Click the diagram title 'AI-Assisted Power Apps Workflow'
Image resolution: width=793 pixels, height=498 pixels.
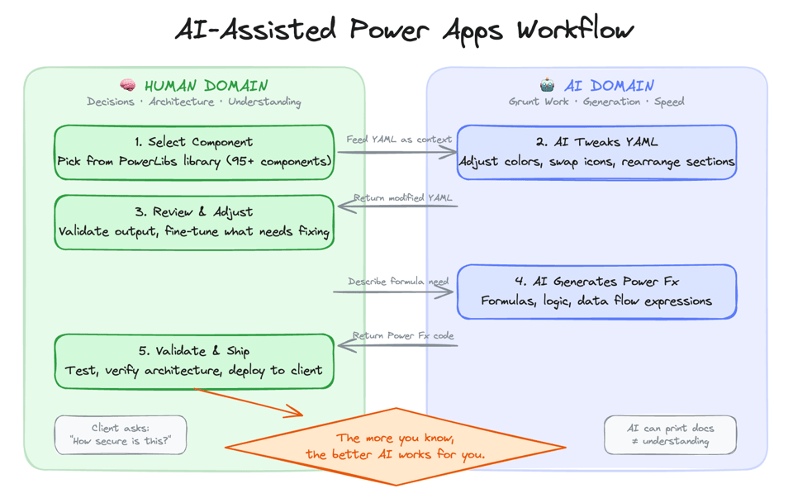click(x=404, y=31)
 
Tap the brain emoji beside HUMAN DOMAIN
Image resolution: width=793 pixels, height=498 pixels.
click(x=128, y=86)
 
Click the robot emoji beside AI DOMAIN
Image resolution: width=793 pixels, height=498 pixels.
click(x=547, y=86)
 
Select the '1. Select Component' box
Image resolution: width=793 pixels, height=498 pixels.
click(x=194, y=152)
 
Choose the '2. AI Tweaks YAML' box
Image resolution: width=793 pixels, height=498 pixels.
click(x=596, y=152)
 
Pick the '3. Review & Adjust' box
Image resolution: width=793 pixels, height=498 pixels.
click(x=194, y=222)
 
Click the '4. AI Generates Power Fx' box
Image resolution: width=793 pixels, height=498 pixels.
click(x=596, y=292)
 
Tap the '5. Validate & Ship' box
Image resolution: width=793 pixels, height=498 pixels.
click(x=194, y=361)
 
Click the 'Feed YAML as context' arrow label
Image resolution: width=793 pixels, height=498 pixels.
click(x=398, y=140)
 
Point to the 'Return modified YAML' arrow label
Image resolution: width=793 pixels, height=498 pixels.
click(x=402, y=198)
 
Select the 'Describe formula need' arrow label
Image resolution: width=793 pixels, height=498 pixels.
click(x=397, y=282)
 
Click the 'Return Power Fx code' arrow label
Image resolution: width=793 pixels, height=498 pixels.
click(x=403, y=335)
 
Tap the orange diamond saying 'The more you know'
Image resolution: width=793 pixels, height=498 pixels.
click(x=395, y=447)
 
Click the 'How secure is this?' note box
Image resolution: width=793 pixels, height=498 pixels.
click(x=121, y=434)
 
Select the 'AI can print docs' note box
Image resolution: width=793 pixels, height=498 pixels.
click(x=670, y=434)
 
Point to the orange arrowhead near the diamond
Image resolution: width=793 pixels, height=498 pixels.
click(x=295, y=410)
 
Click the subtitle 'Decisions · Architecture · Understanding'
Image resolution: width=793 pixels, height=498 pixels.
click(x=194, y=102)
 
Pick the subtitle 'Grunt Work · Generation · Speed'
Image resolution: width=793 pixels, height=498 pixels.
click(x=596, y=102)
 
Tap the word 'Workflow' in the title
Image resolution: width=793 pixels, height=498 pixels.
click(x=576, y=31)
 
